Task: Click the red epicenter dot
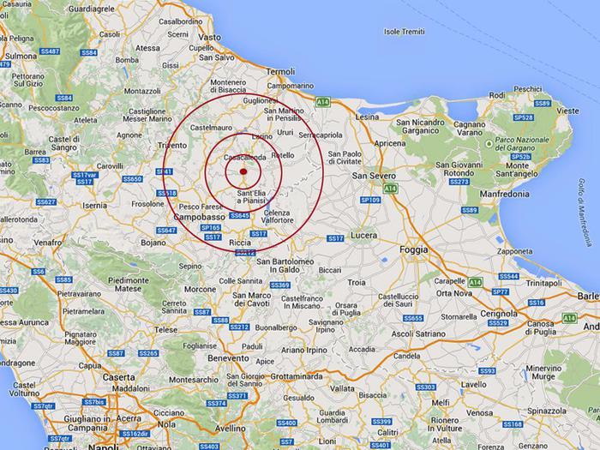[x=243, y=172]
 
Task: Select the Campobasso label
[x=199, y=218]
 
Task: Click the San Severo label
[x=375, y=176]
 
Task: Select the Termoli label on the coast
[x=280, y=72]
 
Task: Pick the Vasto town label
[x=210, y=38]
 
